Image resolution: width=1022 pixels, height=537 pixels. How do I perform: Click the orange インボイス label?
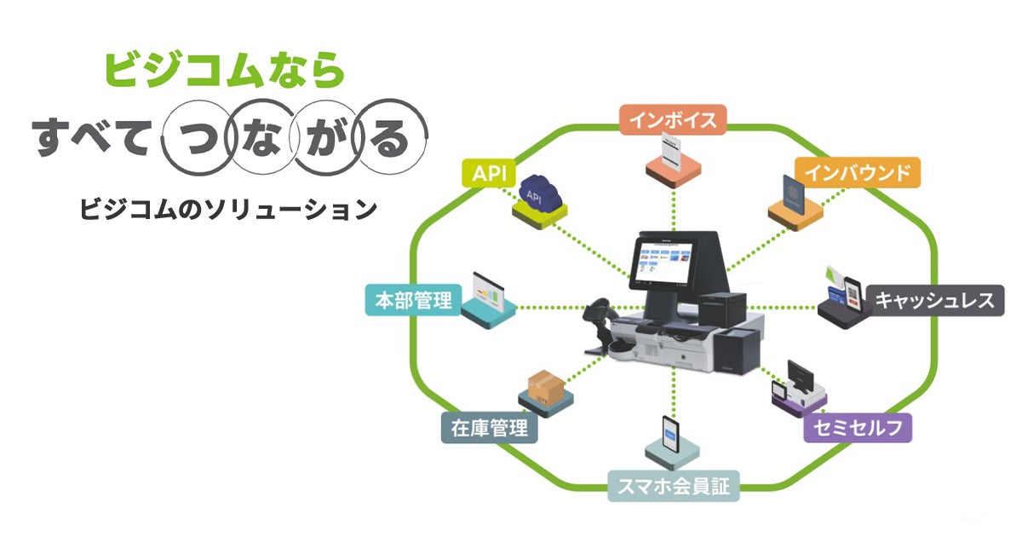tap(673, 120)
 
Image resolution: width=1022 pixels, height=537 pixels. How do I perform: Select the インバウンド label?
tap(858, 173)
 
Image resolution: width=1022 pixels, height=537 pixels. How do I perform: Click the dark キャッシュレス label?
tap(934, 301)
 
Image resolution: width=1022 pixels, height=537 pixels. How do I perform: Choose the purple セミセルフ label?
tap(858, 427)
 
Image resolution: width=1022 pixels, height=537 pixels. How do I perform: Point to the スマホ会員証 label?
tap(673, 488)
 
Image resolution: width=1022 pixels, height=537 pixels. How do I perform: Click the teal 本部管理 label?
tap(413, 301)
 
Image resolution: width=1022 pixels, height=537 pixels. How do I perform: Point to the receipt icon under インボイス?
tap(673, 155)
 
